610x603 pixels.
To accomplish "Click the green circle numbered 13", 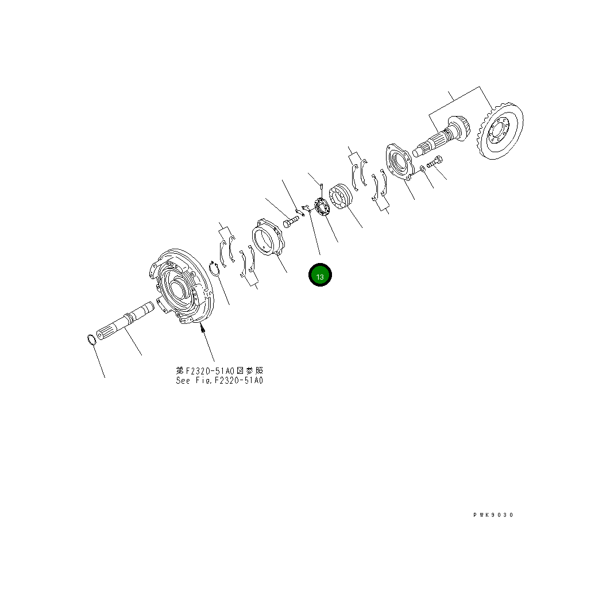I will (x=321, y=276).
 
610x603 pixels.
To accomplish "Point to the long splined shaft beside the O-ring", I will (x=127, y=322).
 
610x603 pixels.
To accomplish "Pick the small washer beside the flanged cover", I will (x=423, y=168).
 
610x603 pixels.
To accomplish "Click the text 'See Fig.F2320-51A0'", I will (x=219, y=380).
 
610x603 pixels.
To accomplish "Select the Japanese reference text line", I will (x=219, y=371).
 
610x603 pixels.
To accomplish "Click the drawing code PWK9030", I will (x=493, y=515).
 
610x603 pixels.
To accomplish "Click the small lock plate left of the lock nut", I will (x=306, y=208).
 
